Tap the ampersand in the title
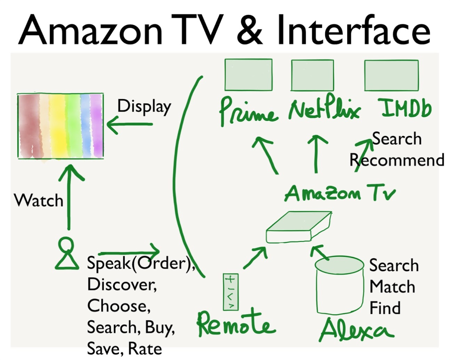pyautogui.click(x=249, y=30)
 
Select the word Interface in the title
pyautogui.click(x=353, y=30)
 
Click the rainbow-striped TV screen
pyautogui.click(x=61, y=126)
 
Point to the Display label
pyautogui.click(x=144, y=106)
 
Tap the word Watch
pyautogui.click(x=38, y=201)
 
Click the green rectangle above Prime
pyautogui.click(x=248, y=75)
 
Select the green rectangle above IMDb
pyautogui.click(x=391, y=75)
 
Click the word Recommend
pyautogui.click(x=397, y=160)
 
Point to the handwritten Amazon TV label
pyautogui.click(x=340, y=193)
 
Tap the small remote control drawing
pyautogui.click(x=231, y=292)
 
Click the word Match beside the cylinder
pyautogui.click(x=392, y=287)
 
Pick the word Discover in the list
pyautogui.click(x=122, y=285)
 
